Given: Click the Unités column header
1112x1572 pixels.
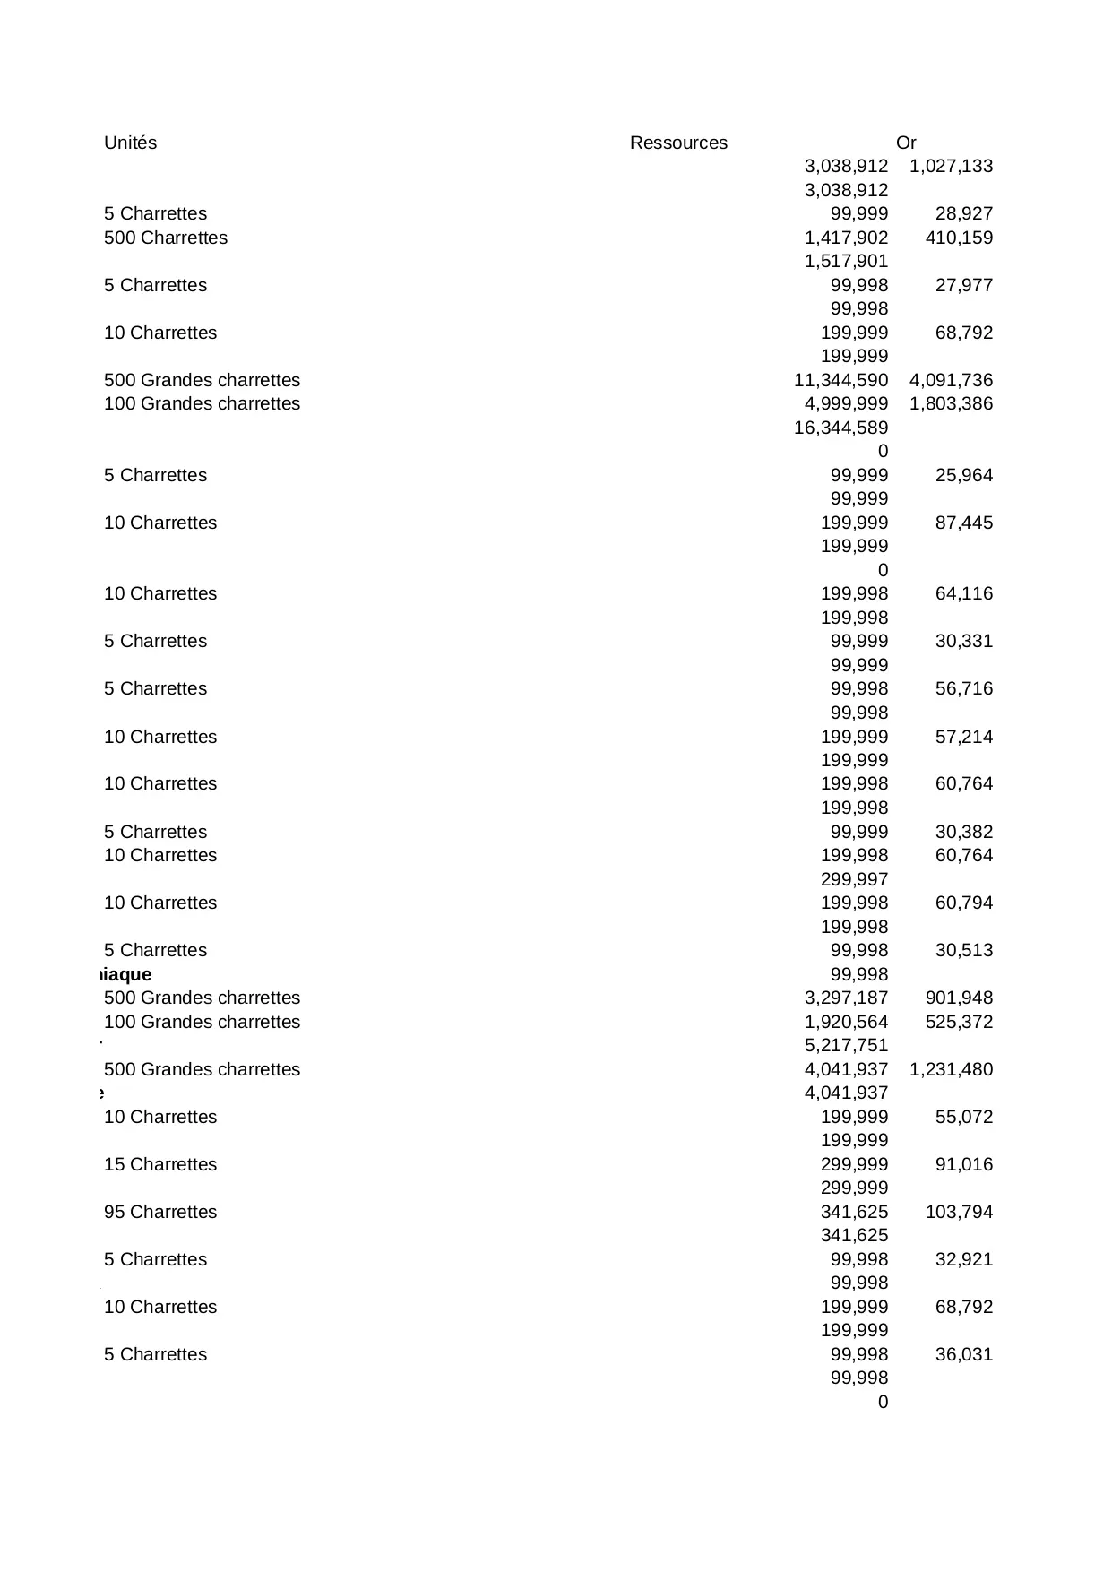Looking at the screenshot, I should pos(130,143).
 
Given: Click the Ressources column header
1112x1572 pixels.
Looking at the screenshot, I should pos(678,143).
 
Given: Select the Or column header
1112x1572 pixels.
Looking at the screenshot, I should pos(905,143).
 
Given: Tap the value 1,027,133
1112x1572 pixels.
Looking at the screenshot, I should pos(951,166).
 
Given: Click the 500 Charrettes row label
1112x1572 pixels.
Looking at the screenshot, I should pos(166,238).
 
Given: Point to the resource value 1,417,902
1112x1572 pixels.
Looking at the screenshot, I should pos(846,238).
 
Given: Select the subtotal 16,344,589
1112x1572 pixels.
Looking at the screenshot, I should pos(840,428).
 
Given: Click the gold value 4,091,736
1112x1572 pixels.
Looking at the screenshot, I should pos(951,380).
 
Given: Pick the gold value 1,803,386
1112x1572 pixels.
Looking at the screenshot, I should pos(951,403).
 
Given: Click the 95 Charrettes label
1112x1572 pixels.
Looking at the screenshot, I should pos(160,1212).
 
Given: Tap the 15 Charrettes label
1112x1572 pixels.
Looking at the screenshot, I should pos(160,1164).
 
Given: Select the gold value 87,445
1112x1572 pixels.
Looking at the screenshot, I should pos(963,523).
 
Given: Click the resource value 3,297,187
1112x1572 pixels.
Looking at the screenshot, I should pos(846,998).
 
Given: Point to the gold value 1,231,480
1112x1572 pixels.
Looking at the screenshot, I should pos(951,1069).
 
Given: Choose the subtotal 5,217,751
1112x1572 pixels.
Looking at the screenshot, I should pos(846,1045).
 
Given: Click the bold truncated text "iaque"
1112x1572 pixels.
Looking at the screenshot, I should pos(125,974).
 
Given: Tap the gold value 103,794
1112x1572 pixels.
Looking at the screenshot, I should pos(959,1212).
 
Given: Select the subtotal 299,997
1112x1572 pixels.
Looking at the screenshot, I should pos(854,879).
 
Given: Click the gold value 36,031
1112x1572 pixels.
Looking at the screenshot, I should pos(963,1354).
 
